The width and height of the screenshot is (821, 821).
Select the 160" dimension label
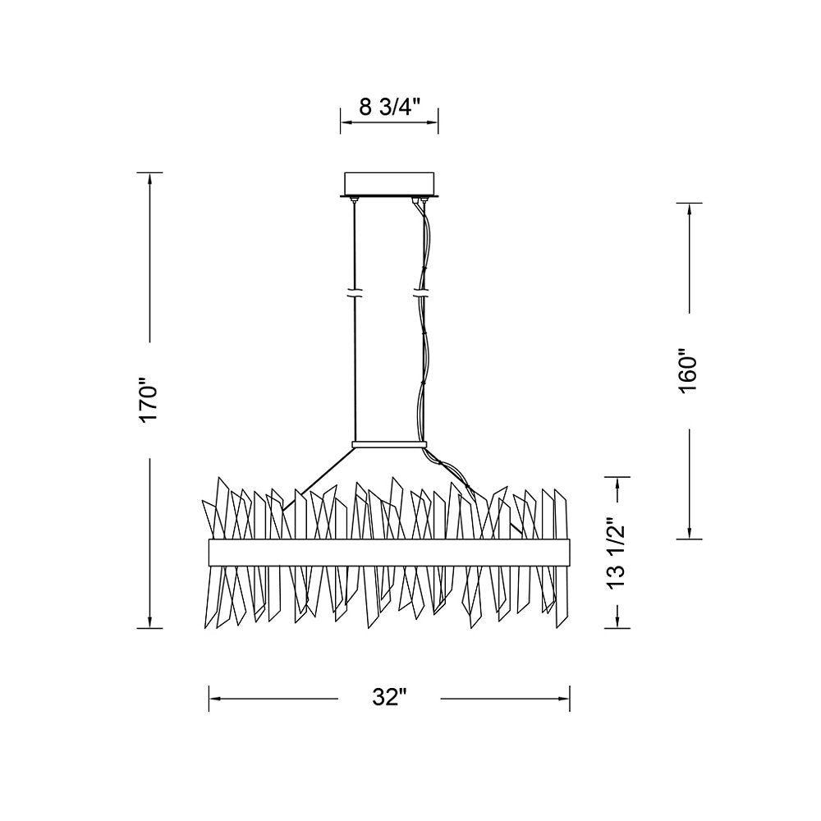(687, 372)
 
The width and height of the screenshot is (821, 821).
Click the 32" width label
(389, 698)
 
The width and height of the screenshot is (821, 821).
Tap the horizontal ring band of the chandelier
(389, 553)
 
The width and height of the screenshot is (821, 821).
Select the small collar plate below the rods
(388, 444)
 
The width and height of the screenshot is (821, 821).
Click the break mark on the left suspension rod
(355, 292)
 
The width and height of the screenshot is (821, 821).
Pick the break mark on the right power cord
(422, 292)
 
